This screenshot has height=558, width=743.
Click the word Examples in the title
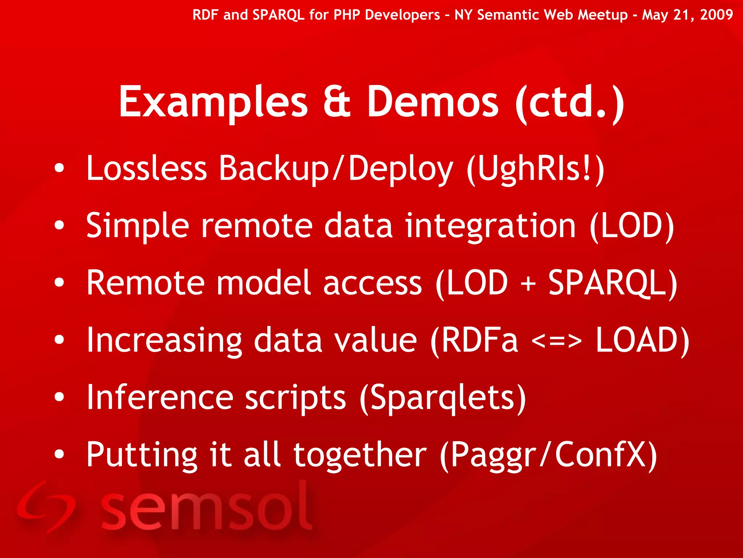213,102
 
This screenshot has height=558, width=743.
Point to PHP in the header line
346,15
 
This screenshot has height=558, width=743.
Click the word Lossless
147,168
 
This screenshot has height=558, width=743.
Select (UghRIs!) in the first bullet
535,169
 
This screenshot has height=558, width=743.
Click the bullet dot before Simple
59,226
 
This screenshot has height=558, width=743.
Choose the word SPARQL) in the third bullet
612,283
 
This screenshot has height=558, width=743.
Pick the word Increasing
164,340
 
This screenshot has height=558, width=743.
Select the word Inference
160,397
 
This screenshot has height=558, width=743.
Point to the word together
360,455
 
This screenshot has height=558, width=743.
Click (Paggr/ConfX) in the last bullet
548,455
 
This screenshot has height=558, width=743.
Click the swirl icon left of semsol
45,507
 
